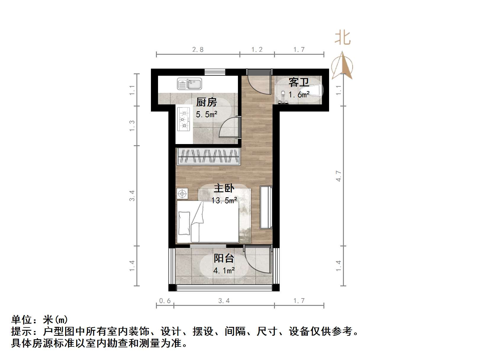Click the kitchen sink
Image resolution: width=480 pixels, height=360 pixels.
189,84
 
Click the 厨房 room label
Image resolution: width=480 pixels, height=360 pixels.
206,102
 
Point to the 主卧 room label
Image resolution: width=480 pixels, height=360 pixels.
224,188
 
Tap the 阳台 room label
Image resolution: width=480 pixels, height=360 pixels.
224,258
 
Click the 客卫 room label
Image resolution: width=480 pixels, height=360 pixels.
299,82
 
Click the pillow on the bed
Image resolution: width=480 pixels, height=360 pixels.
184,223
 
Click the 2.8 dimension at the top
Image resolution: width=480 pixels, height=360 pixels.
198,49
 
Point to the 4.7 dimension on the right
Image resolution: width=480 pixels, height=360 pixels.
339,176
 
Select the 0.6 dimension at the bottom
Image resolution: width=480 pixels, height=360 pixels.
165,301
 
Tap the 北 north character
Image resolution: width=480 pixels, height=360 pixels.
343,38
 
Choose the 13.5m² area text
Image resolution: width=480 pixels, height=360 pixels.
224,201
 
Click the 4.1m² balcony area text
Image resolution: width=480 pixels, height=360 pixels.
224,270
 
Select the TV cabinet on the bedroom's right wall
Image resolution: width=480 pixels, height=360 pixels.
266,207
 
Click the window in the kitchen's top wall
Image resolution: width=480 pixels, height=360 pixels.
215,72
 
